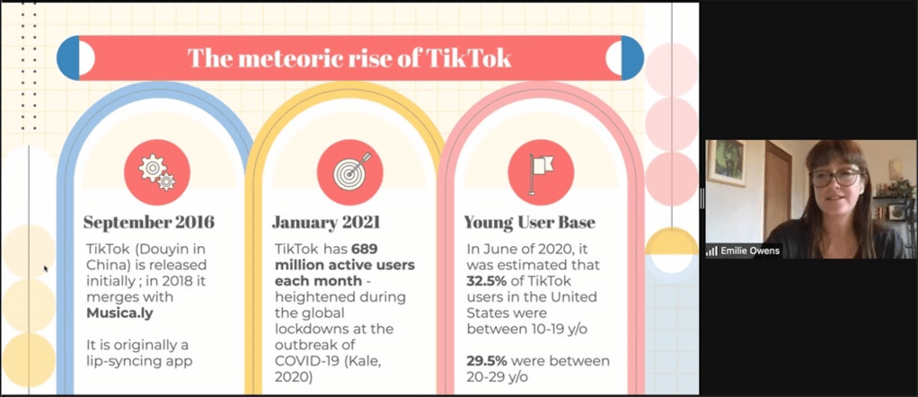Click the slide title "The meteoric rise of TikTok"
click(x=349, y=58)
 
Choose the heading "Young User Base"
click(x=530, y=222)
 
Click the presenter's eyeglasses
click(x=834, y=177)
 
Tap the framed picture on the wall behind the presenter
click(x=726, y=163)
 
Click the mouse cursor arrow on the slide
click(x=46, y=268)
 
